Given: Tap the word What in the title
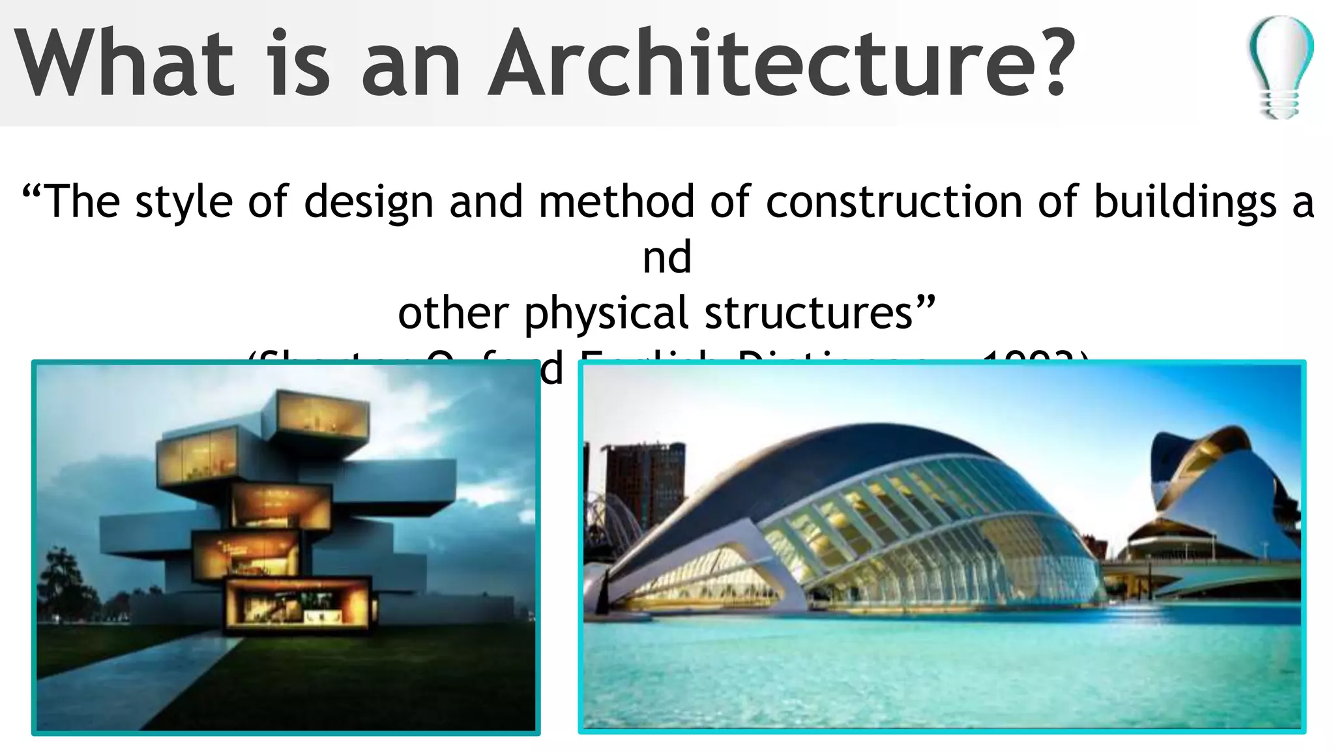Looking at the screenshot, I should [124, 63].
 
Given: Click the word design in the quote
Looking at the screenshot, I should [368, 201].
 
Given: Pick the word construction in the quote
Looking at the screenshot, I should [894, 201].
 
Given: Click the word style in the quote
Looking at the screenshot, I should [184, 201].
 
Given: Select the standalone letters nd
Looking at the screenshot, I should [667, 257].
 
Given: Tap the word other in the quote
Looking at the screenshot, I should [454, 313].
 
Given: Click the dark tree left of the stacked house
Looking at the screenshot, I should [62, 580].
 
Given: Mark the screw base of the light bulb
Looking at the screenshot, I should [1279, 104].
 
